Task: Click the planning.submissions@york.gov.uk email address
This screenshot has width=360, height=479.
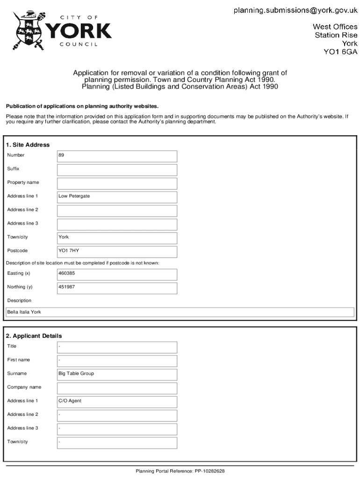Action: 295,11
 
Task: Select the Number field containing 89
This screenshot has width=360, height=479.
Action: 117,156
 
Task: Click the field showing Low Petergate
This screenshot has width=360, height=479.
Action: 117,196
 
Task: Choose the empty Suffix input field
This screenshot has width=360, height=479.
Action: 117,169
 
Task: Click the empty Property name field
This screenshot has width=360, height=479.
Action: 117,183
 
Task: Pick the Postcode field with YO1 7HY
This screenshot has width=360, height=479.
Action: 117,251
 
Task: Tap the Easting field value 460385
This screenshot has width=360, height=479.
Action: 117,274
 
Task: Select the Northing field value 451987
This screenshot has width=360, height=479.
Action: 117,288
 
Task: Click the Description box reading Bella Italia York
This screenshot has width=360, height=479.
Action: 180,312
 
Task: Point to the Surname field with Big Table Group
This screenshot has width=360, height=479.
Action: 117,374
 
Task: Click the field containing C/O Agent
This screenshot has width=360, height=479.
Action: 117,401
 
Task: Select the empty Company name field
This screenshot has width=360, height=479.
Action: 117,388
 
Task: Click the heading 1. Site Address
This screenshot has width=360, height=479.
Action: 28,145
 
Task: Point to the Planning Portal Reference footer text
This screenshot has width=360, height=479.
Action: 180,471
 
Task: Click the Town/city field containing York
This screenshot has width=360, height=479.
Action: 117,238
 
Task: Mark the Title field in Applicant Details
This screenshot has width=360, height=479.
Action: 117,347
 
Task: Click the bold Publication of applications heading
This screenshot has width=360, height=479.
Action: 82,106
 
